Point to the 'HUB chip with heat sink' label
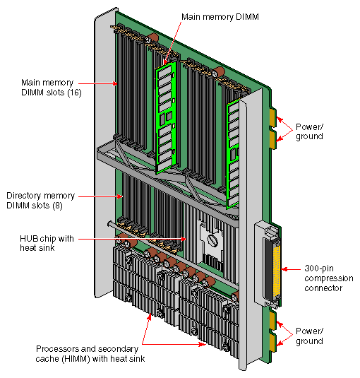point(44,243)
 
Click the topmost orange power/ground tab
point(273,116)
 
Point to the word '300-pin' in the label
point(315,269)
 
